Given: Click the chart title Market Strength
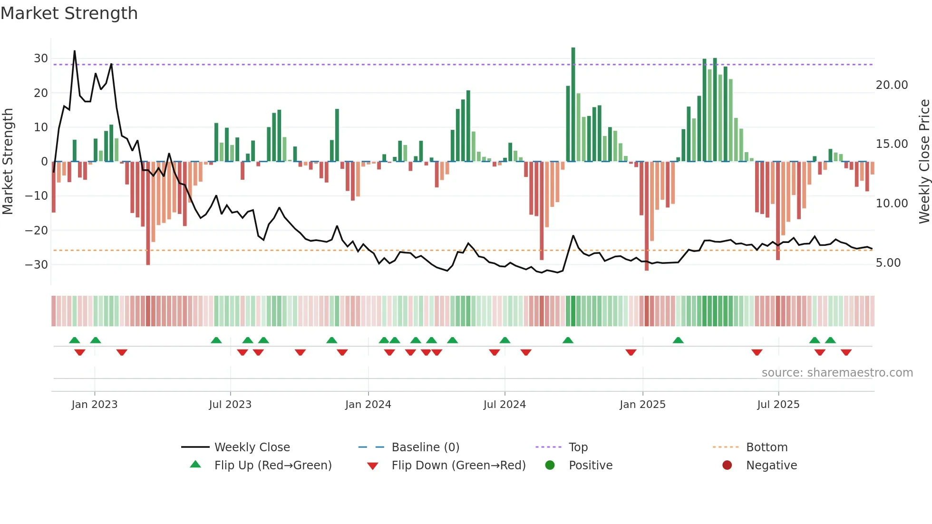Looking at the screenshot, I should [69, 13].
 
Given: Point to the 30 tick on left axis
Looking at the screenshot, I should [41, 58].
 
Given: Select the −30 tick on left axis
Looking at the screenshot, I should [37, 264].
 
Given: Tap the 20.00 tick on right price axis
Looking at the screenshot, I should [892, 85].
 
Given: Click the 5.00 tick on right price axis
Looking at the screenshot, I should [888, 263].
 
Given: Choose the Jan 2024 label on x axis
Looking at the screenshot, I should [368, 405].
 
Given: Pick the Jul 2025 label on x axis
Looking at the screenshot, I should [778, 405].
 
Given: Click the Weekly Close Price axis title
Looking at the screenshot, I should [924, 162].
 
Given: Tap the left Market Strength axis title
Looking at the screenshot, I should [8, 162].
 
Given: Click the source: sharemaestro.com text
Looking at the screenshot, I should [837, 373].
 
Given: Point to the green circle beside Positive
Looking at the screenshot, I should [550, 466].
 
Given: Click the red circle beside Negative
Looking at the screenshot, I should [727, 466].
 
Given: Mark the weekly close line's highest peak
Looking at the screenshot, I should [75, 51].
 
